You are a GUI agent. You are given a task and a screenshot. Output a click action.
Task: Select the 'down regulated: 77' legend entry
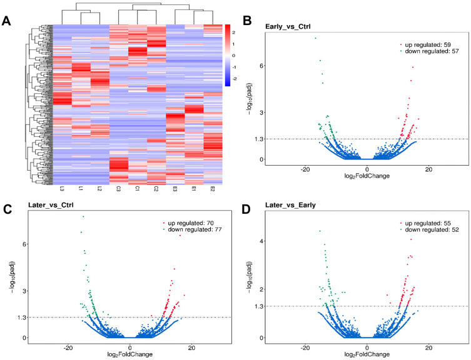click(x=194, y=230)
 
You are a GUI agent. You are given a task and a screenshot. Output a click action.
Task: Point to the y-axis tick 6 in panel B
click(x=263, y=66)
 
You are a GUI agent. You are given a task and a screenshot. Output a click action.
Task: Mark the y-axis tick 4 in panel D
click(x=263, y=241)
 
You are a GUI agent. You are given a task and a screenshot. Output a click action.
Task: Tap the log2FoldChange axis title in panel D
click(x=367, y=353)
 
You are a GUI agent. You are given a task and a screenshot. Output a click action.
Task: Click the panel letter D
click(x=245, y=204)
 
